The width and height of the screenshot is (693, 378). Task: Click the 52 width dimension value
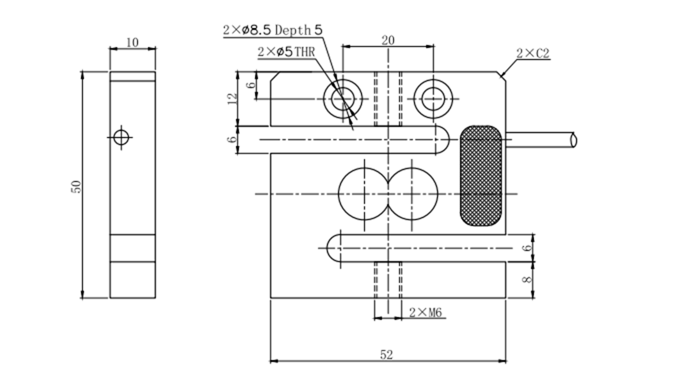coord(387,353)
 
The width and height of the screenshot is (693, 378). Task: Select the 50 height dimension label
coord(76,186)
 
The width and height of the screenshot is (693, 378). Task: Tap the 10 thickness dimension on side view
coord(132,42)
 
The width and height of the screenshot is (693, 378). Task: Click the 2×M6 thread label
coord(426,313)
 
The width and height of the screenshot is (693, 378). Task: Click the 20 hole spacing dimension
coord(388,40)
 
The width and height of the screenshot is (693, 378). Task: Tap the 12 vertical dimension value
coord(232,98)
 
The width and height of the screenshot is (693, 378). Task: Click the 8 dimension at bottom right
coord(527,280)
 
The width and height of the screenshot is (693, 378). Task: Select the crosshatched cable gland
coord(481,175)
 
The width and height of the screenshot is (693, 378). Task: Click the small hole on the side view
coord(121,137)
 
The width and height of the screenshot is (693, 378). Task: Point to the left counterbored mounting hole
coord(344,99)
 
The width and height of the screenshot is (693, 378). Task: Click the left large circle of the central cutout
coord(362,193)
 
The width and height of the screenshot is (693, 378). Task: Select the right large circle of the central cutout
coord(412,193)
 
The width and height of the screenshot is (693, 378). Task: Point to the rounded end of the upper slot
coord(444,139)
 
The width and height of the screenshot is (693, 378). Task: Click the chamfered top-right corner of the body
coord(501,75)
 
